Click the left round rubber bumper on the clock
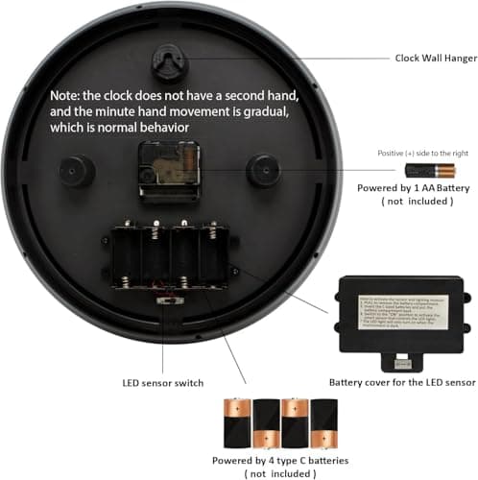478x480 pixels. coord(76,172)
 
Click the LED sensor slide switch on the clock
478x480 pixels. coord(170,300)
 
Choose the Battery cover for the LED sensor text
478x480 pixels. coord(402,381)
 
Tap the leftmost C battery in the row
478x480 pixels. coord(236,423)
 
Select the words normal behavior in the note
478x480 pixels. coord(163,128)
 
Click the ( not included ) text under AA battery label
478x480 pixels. coord(407,203)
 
